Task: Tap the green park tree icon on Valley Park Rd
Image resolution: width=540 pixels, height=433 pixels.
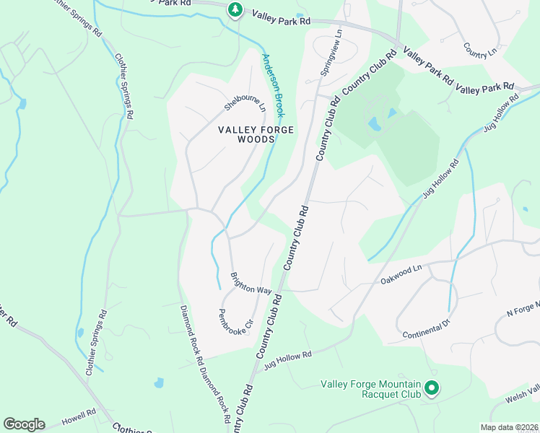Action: click(x=235, y=9)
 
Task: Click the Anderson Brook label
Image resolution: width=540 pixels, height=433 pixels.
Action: click(x=274, y=85)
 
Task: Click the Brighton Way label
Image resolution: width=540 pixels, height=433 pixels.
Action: click(x=251, y=283)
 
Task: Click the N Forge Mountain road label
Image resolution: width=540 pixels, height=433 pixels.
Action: click(x=523, y=310)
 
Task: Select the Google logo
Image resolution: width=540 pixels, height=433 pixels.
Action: click(x=24, y=424)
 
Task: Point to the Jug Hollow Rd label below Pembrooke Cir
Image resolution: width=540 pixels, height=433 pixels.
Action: click(x=287, y=357)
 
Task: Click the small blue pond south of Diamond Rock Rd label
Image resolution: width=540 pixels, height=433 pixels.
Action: click(x=158, y=383)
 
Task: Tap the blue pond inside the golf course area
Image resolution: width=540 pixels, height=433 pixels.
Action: click(x=375, y=124)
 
